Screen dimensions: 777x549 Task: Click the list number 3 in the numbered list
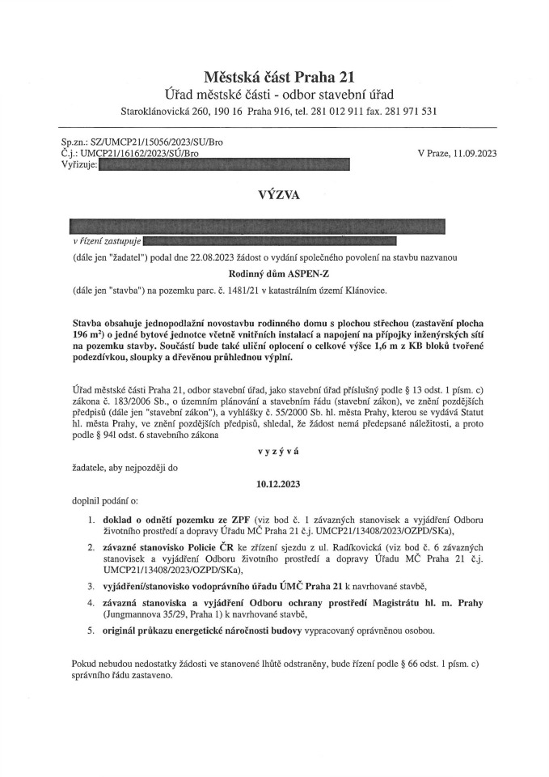[91, 585]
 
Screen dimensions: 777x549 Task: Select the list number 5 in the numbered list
[91, 629]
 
